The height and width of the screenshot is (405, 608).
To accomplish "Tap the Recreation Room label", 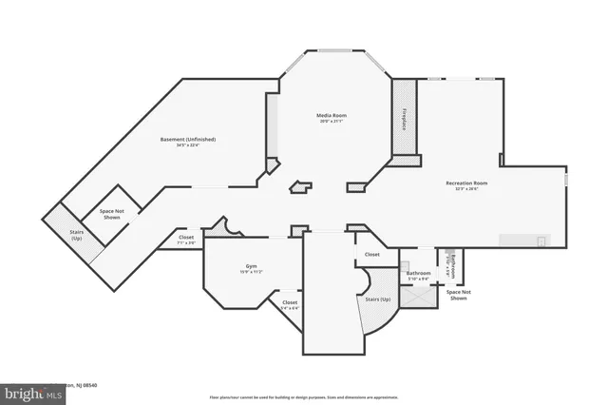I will pos(466,182).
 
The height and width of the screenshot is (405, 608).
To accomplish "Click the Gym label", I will pos(251,265).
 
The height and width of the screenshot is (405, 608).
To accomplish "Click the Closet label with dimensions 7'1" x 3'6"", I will pos(186,238).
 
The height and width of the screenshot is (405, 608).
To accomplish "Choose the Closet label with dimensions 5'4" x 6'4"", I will pos(290,302).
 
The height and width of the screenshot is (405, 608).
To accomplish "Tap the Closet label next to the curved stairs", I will pos(371,254).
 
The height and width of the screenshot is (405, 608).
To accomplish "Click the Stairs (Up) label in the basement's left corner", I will pos(75,234).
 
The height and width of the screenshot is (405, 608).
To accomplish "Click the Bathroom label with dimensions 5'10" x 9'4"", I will pos(418,273).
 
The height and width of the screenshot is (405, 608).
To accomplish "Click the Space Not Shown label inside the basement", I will pos(111,215).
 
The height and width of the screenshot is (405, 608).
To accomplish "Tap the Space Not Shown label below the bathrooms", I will pos(458,296).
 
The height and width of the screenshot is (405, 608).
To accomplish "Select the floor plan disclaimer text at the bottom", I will pos(303,395).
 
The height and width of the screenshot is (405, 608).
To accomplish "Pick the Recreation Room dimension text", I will pos(466,188).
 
